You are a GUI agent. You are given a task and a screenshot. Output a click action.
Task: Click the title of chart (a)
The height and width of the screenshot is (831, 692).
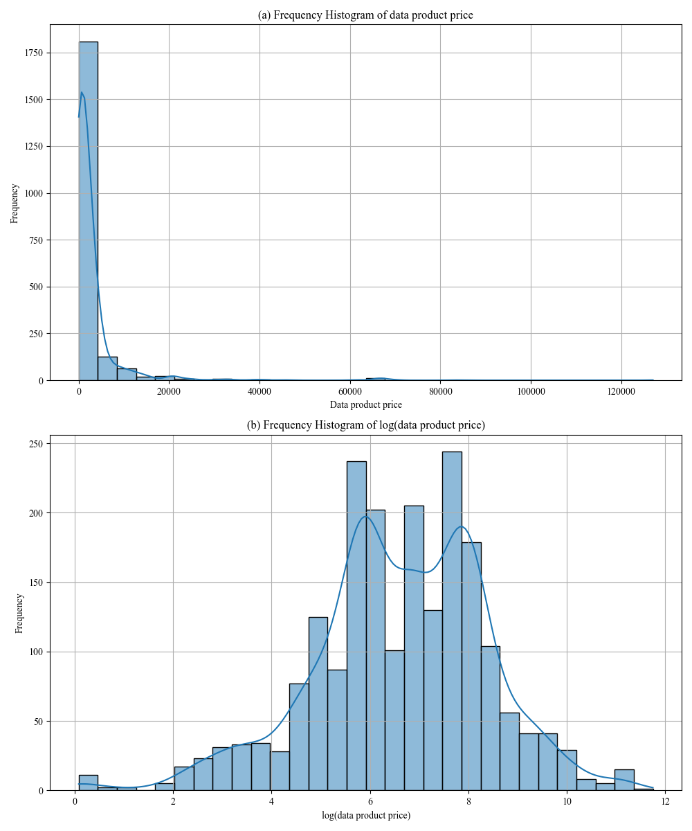tap(365, 15)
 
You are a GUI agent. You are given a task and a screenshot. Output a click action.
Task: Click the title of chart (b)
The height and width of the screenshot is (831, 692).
tap(365, 425)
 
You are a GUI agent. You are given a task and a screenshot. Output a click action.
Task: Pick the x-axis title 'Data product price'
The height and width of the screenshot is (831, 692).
tap(365, 404)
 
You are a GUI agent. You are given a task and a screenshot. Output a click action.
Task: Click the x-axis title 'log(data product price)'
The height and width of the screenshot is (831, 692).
tap(365, 816)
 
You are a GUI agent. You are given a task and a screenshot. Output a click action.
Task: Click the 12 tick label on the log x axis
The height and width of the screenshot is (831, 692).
tap(665, 802)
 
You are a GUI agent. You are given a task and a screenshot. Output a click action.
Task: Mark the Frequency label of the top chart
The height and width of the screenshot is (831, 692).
tap(15, 202)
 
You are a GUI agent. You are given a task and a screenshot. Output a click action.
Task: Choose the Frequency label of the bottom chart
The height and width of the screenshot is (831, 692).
tap(19, 613)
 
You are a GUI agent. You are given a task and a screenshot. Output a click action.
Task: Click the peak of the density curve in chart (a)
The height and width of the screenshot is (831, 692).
tap(82, 91)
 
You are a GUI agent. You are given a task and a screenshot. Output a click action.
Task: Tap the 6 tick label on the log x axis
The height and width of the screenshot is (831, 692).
tap(370, 802)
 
